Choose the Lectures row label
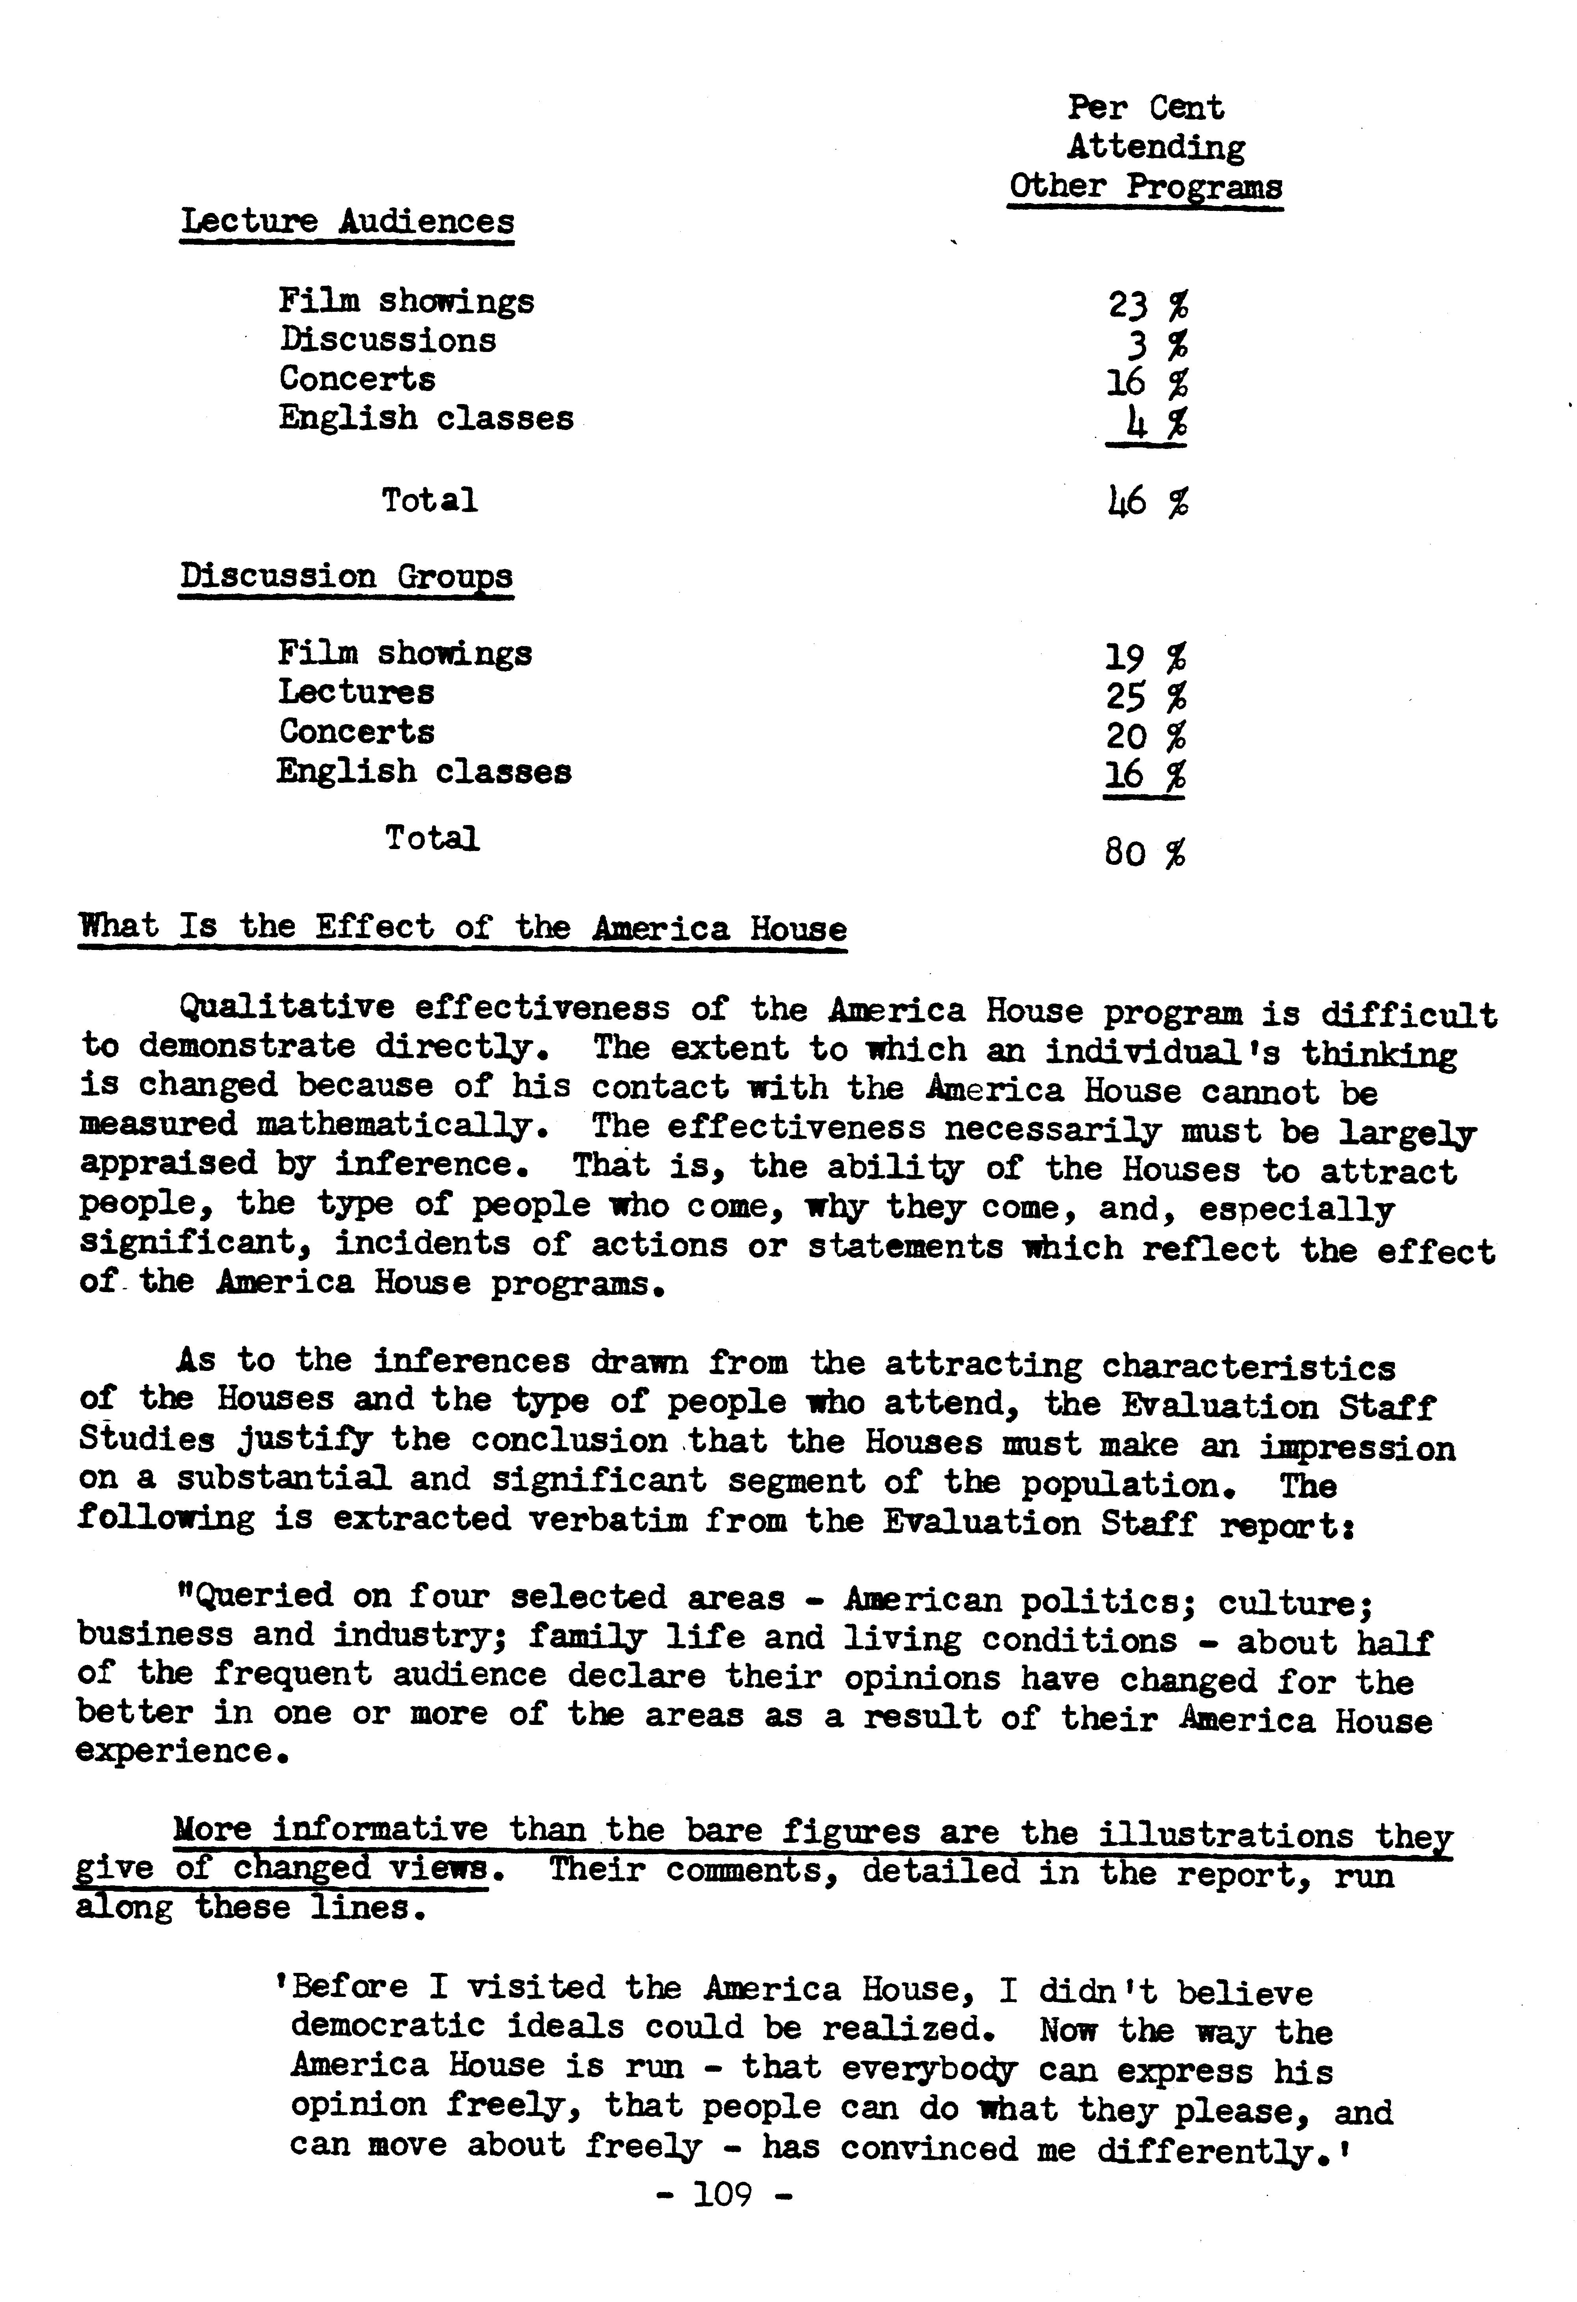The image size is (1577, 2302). coord(356,691)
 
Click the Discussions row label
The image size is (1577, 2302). coord(387,340)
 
